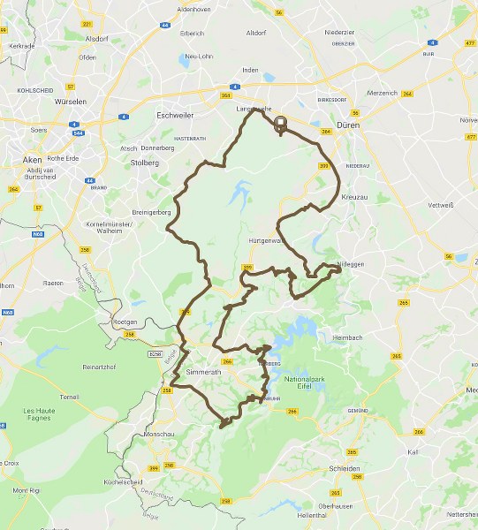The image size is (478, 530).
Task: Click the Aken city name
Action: (32, 159)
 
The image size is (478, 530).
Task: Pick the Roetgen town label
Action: (126, 322)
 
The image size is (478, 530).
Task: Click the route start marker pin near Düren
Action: (281, 124)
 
